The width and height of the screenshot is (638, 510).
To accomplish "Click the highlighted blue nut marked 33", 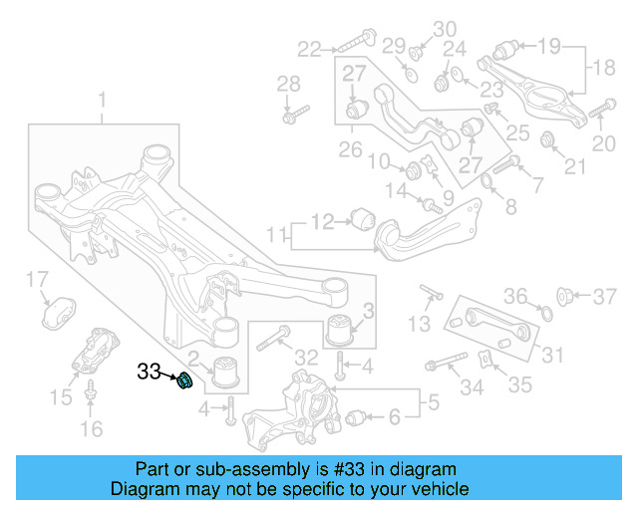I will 183,380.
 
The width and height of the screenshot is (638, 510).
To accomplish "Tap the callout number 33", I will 150,372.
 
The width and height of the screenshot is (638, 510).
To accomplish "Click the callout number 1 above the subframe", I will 102,100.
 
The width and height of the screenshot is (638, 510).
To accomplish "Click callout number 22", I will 310,47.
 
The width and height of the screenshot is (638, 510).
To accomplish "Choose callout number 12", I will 322,221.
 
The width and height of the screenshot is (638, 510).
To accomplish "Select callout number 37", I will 606,296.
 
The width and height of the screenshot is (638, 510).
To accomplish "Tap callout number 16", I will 91,429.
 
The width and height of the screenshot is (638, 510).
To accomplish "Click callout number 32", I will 307,358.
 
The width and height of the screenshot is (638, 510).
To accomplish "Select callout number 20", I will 604,144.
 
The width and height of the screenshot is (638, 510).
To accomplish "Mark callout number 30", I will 445,28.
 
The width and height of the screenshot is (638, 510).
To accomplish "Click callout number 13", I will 420,323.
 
